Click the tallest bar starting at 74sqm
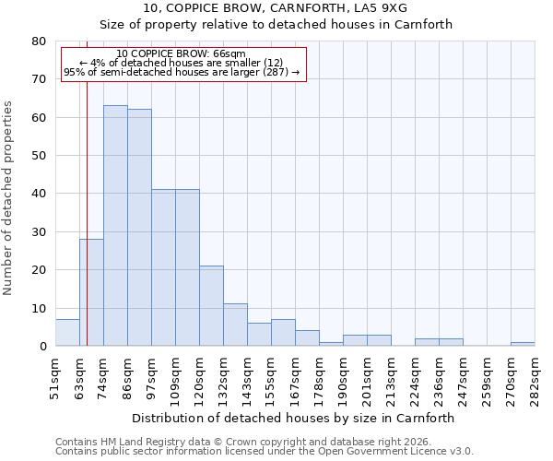coord(115,226)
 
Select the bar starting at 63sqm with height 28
coord(91,292)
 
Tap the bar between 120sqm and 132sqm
coord(211,306)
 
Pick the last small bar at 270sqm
coord(523,344)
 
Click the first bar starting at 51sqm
coord(67,333)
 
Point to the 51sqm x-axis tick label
coord(56,379)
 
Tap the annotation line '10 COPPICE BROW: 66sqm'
coord(182,54)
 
